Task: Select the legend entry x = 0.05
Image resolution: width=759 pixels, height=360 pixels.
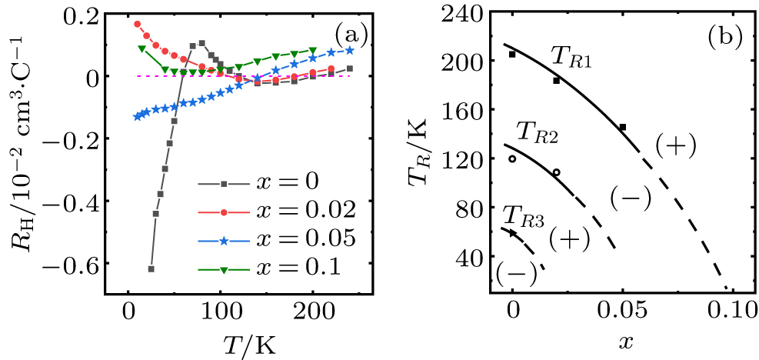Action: coord(278,238)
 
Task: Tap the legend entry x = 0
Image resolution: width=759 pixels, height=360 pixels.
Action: coord(265,185)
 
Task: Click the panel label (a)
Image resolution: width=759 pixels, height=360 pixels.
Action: coord(350,34)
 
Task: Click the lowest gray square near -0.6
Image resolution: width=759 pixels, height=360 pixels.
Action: coord(151,268)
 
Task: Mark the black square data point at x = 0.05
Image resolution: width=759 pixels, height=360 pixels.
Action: coord(623,127)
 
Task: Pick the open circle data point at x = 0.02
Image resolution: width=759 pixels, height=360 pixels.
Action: coord(556,172)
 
